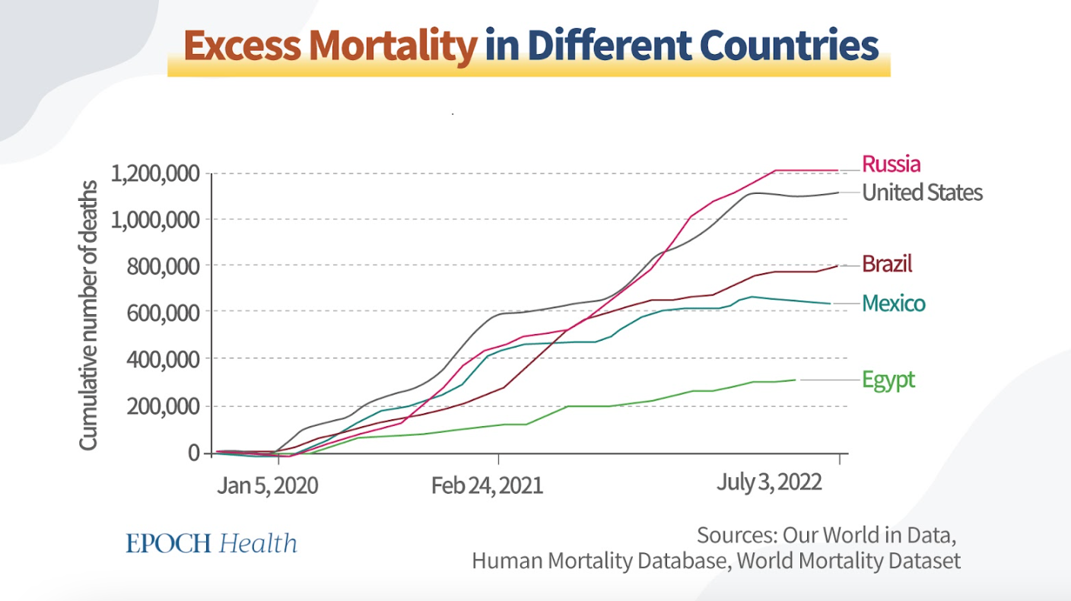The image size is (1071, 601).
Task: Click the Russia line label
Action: [x=891, y=164]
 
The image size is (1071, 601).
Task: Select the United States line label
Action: [x=922, y=192]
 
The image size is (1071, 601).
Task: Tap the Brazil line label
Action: [x=887, y=264]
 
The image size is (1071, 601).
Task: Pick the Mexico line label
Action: [x=894, y=304]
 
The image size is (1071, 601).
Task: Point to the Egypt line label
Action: [x=888, y=379]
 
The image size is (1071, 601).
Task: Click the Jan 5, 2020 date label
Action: [x=267, y=485]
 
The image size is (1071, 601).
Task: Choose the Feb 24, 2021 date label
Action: [x=487, y=485]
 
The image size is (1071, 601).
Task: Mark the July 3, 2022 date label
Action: [x=769, y=482]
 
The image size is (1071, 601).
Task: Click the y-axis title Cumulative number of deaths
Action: [x=89, y=315]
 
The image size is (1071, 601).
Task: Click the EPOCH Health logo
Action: [x=211, y=543]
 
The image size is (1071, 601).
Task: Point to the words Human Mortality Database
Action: [x=596, y=561]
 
